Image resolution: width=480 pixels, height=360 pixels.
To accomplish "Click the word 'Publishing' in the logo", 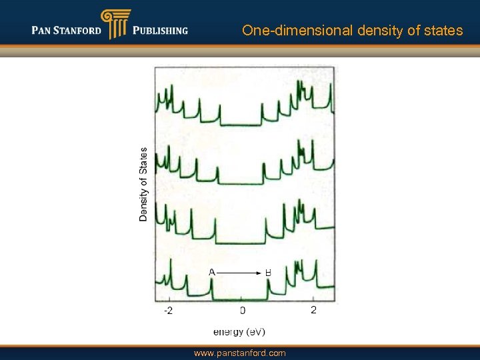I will (x=160, y=31).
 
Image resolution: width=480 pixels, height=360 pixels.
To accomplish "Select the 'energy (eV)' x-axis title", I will (x=239, y=331).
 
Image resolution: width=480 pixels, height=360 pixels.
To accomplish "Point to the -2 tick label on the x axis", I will (x=169, y=311).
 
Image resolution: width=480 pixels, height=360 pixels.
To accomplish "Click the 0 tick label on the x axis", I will (x=243, y=311).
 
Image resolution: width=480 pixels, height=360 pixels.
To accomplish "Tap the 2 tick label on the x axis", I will (x=313, y=310).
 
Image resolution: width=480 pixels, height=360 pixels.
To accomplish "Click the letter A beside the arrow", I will (x=211, y=272).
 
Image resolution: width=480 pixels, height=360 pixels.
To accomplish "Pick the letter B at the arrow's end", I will (x=268, y=273).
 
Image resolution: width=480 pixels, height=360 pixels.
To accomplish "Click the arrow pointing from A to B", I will (x=239, y=273).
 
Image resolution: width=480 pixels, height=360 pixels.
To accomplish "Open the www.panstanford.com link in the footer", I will (x=239, y=353).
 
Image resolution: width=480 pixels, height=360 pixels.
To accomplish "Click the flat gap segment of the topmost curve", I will (x=241, y=125).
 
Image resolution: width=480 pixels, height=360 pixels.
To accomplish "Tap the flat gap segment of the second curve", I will (x=240, y=183).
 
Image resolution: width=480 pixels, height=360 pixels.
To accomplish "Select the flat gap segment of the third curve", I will (x=240, y=244).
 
